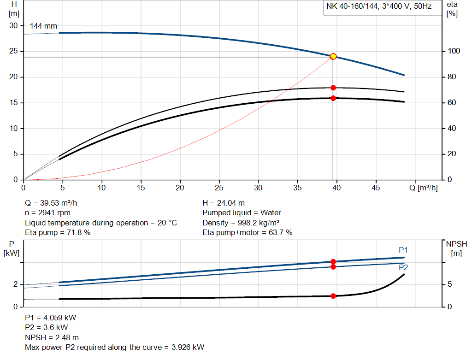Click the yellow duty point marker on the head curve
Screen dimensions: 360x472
(x=333, y=57)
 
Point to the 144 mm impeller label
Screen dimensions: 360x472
(x=43, y=26)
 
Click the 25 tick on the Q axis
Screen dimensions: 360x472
(x=219, y=188)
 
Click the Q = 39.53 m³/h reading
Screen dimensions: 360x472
(x=54, y=203)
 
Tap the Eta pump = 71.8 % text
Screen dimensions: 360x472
(x=58, y=233)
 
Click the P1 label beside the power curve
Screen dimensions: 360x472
(x=403, y=250)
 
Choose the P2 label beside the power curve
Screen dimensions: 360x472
(x=403, y=267)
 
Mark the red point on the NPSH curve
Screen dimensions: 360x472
(x=333, y=296)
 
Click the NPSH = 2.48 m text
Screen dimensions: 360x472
(x=52, y=337)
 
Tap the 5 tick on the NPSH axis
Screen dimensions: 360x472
(x=450, y=285)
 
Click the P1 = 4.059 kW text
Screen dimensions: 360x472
(x=51, y=318)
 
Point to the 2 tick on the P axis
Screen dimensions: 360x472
(x=15, y=285)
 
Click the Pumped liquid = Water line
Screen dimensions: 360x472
(x=242, y=213)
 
